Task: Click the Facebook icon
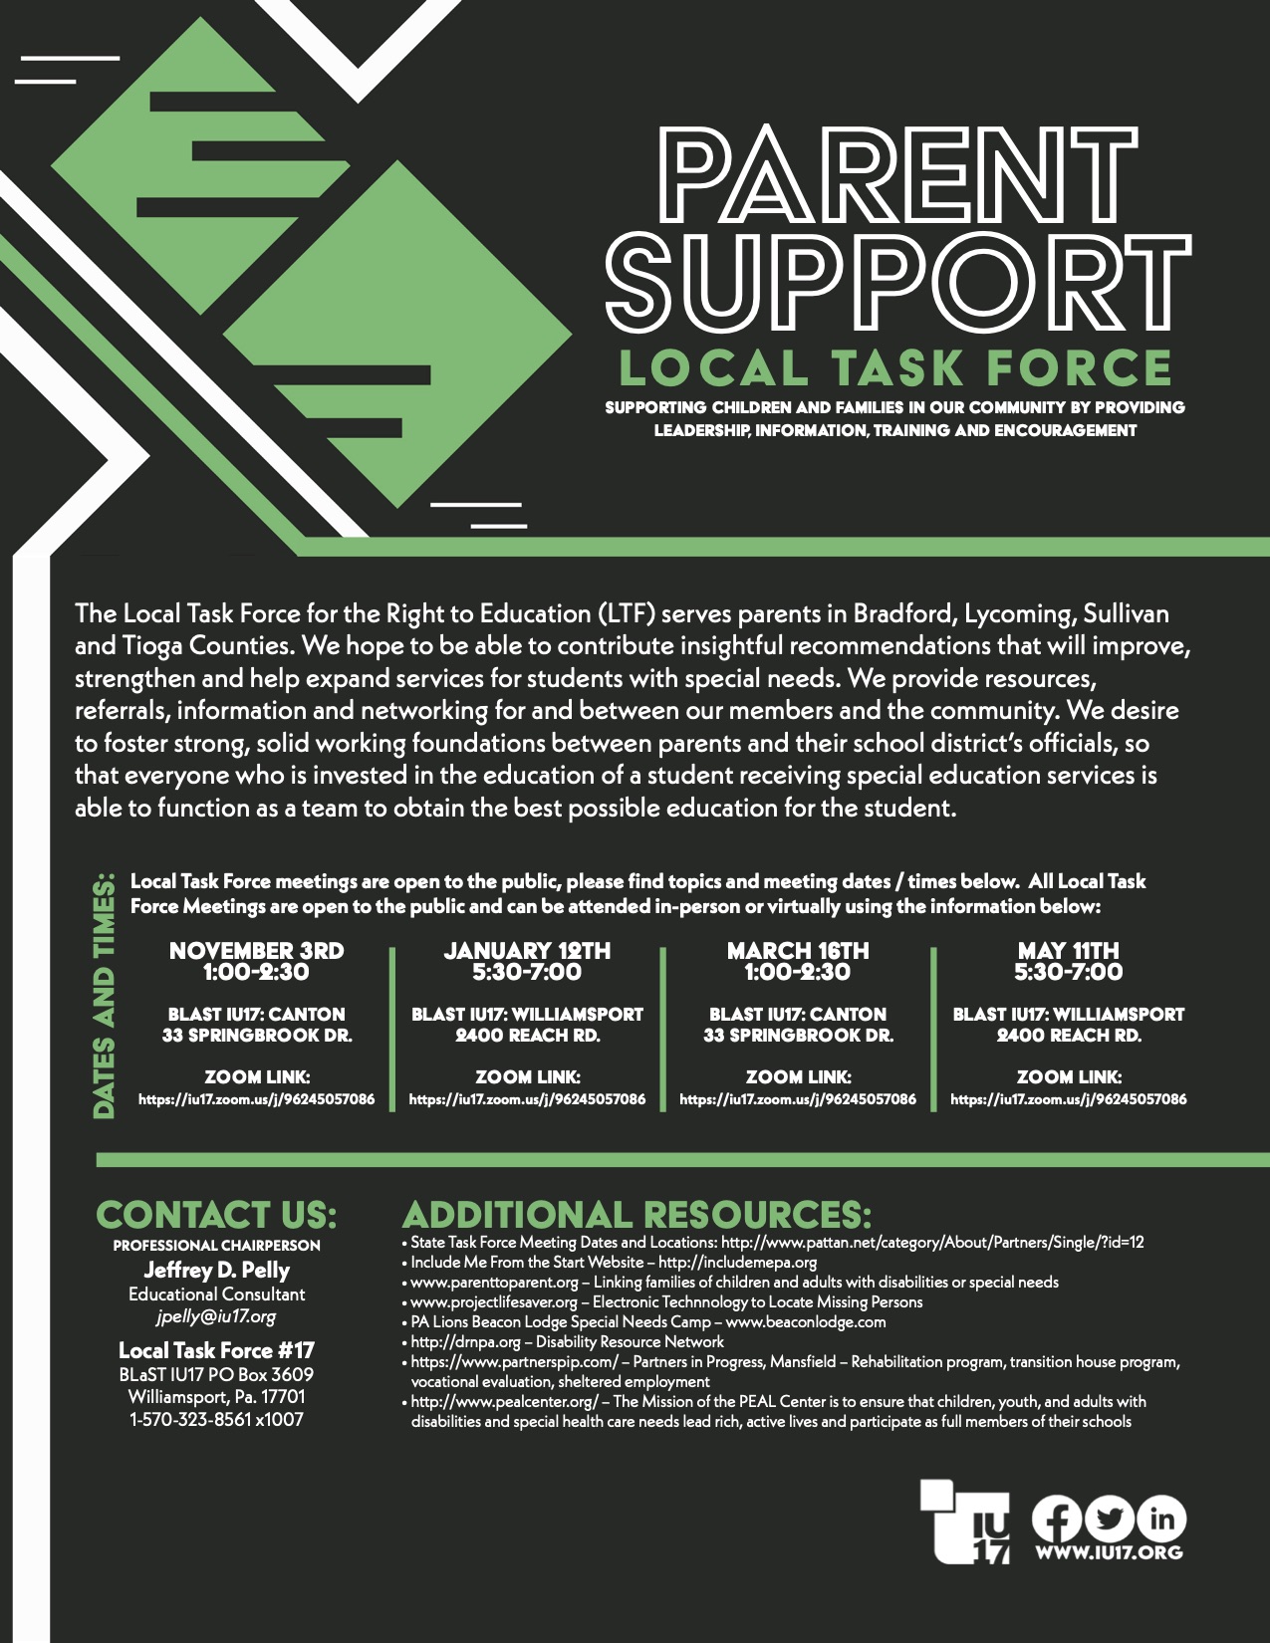click(x=1057, y=1519)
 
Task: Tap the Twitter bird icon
click(x=1109, y=1519)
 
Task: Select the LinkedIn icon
click(x=1161, y=1519)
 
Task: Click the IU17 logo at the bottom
click(x=965, y=1522)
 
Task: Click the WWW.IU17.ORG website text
click(x=1109, y=1553)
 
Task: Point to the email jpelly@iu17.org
click(x=216, y=1316)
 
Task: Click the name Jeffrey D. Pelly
click(x=217, y=1270)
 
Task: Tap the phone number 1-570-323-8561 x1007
click(x=216, y=1419)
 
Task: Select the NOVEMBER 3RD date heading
click(x=256, y=950)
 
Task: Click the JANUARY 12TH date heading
click(x=527, y=950)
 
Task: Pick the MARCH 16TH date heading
click(x=798, y=950)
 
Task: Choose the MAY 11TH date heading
click(x=1068, y=950)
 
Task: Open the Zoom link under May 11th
click(x=1069, y=1099)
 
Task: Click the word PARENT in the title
click(x=897, y=175)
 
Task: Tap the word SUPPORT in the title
click(x=898, y=283)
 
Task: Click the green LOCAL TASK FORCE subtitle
click(x=896, y=367)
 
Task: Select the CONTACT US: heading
click(x=216, y=1215)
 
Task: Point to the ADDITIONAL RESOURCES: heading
click(x=636, y=1215)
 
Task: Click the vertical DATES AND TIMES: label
click(x=104, y=996)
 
